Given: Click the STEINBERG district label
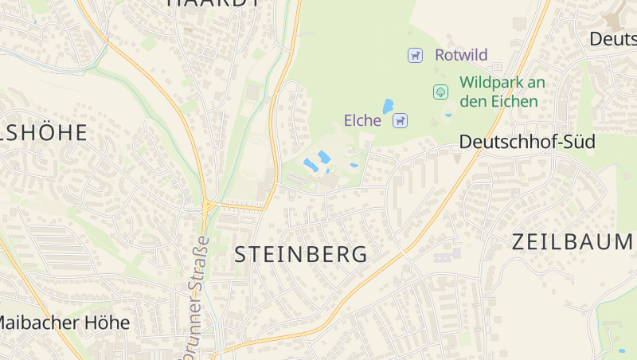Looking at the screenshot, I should pyautogui.click(x=301, y=255).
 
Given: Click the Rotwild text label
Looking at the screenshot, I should pyautogui.click(x=461, y=56).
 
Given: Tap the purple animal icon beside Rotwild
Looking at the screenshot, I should pyautogui.click(x=415, y=56).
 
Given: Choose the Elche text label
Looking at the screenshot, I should pyautogui.click(x=362, y=121).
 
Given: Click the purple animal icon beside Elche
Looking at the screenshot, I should pyautogui.click(x=401, y=121).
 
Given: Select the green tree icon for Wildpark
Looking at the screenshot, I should pyautogui.click(x=440, y=92).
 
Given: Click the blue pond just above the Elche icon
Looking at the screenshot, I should pyautogui.click(x=388, y=106).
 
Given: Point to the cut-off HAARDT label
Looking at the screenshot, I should pyautogui.click(x=213, y=2).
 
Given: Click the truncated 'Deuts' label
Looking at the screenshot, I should pyautogui.click(x=613, y=39).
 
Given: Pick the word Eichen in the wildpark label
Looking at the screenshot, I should pyautogui.click(x=515, y=101).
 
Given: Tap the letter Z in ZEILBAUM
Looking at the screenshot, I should pyautogui.click(x=519, y=242).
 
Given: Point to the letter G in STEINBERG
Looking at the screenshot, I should pyautogui.click(x=358, y=255).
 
